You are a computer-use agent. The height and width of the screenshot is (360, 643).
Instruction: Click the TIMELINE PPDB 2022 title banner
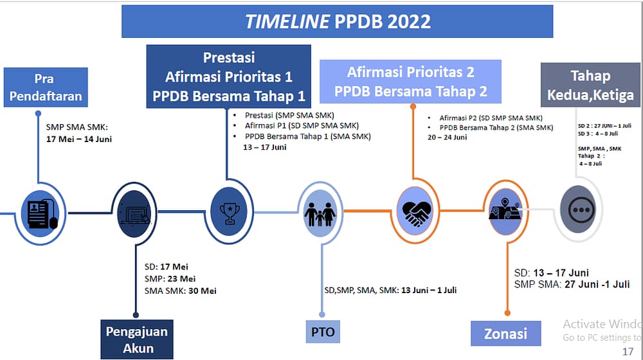pos(337,21)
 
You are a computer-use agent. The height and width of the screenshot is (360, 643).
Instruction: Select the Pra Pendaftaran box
pos(46,87)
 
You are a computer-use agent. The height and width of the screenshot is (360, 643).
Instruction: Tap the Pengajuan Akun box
pos(137,339)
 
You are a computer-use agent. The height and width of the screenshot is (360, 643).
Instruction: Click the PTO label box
pos(323,331)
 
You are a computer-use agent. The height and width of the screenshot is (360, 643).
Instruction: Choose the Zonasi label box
pos(505,334)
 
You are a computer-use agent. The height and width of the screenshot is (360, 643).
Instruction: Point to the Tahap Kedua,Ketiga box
pos(590,85)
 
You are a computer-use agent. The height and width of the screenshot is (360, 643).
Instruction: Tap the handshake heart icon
pos(415,212)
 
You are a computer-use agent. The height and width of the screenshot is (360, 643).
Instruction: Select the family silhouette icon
pos(320,214)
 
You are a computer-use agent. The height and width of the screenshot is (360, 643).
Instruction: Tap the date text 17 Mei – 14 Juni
pos(78,139)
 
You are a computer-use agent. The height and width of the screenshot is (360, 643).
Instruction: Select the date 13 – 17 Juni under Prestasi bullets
pos(264,147)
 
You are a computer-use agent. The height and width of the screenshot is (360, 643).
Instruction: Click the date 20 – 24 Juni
pos(447,137)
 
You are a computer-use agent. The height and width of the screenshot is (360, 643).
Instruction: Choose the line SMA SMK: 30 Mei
pos(181,291)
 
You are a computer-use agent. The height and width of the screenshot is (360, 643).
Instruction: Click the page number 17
pos(628,352)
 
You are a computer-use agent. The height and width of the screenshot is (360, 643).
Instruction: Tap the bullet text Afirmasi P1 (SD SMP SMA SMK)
pos(302,125)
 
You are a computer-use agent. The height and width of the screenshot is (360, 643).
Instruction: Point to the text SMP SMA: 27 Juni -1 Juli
pos(572,284)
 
